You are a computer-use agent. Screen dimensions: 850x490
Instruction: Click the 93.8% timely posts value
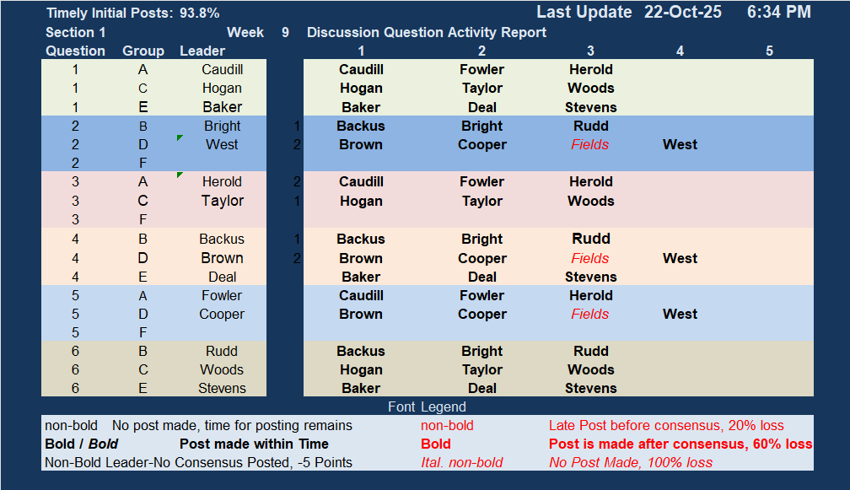200,13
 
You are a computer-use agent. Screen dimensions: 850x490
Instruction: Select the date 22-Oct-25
682,12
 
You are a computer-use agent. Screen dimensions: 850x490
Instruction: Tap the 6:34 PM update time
779,12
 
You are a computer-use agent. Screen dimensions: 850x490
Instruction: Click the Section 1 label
75,33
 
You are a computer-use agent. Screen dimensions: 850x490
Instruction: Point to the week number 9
285,33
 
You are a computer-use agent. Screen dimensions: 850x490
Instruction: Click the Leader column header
202,51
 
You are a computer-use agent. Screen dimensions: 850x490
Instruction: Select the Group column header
143,51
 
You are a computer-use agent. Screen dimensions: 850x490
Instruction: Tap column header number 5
769,51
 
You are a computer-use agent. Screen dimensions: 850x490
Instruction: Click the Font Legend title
428,407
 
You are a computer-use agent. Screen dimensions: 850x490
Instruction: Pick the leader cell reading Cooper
222,315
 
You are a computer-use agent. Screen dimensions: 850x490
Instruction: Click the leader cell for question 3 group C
223,201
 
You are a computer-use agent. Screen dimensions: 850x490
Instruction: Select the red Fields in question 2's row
589,145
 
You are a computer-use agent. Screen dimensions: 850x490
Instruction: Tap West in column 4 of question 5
680,315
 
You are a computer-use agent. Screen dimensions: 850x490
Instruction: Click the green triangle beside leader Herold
180,175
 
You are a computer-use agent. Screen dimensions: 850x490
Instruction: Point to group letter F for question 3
143,219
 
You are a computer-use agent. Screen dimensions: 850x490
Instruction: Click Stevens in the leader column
222,388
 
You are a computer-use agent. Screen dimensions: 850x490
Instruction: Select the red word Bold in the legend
436,444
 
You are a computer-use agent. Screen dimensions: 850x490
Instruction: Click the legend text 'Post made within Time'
255,444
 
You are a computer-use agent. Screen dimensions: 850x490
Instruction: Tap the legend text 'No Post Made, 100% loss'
631,462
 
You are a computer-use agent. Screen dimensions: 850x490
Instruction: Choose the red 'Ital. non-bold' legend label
462,462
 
